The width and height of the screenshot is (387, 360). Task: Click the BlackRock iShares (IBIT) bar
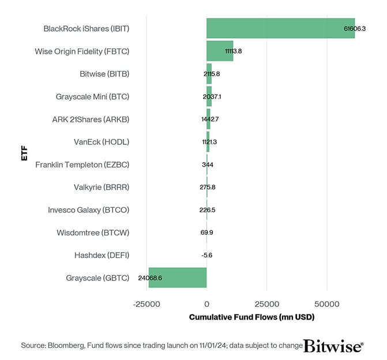click(280, 28)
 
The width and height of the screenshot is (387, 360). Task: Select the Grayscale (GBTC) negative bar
click(177, 277)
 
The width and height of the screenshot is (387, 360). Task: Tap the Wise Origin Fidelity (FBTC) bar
click(220, 51)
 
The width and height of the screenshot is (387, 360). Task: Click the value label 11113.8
click(234, 51)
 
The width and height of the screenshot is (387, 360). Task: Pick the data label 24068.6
click(151, 277)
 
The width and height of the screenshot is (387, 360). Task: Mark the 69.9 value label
click(206, 232)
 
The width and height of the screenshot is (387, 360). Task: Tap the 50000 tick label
click(326, 303)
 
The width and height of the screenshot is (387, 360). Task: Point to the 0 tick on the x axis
click(206, 303)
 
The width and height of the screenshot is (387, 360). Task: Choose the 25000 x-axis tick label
click(266, 303)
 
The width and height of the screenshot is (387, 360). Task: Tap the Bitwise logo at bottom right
click(333, 346)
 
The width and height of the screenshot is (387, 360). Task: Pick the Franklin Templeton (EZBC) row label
click(82, 164)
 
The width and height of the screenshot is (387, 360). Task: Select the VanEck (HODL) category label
click(102, 142)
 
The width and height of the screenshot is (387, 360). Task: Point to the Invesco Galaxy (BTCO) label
click(88, 210)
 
